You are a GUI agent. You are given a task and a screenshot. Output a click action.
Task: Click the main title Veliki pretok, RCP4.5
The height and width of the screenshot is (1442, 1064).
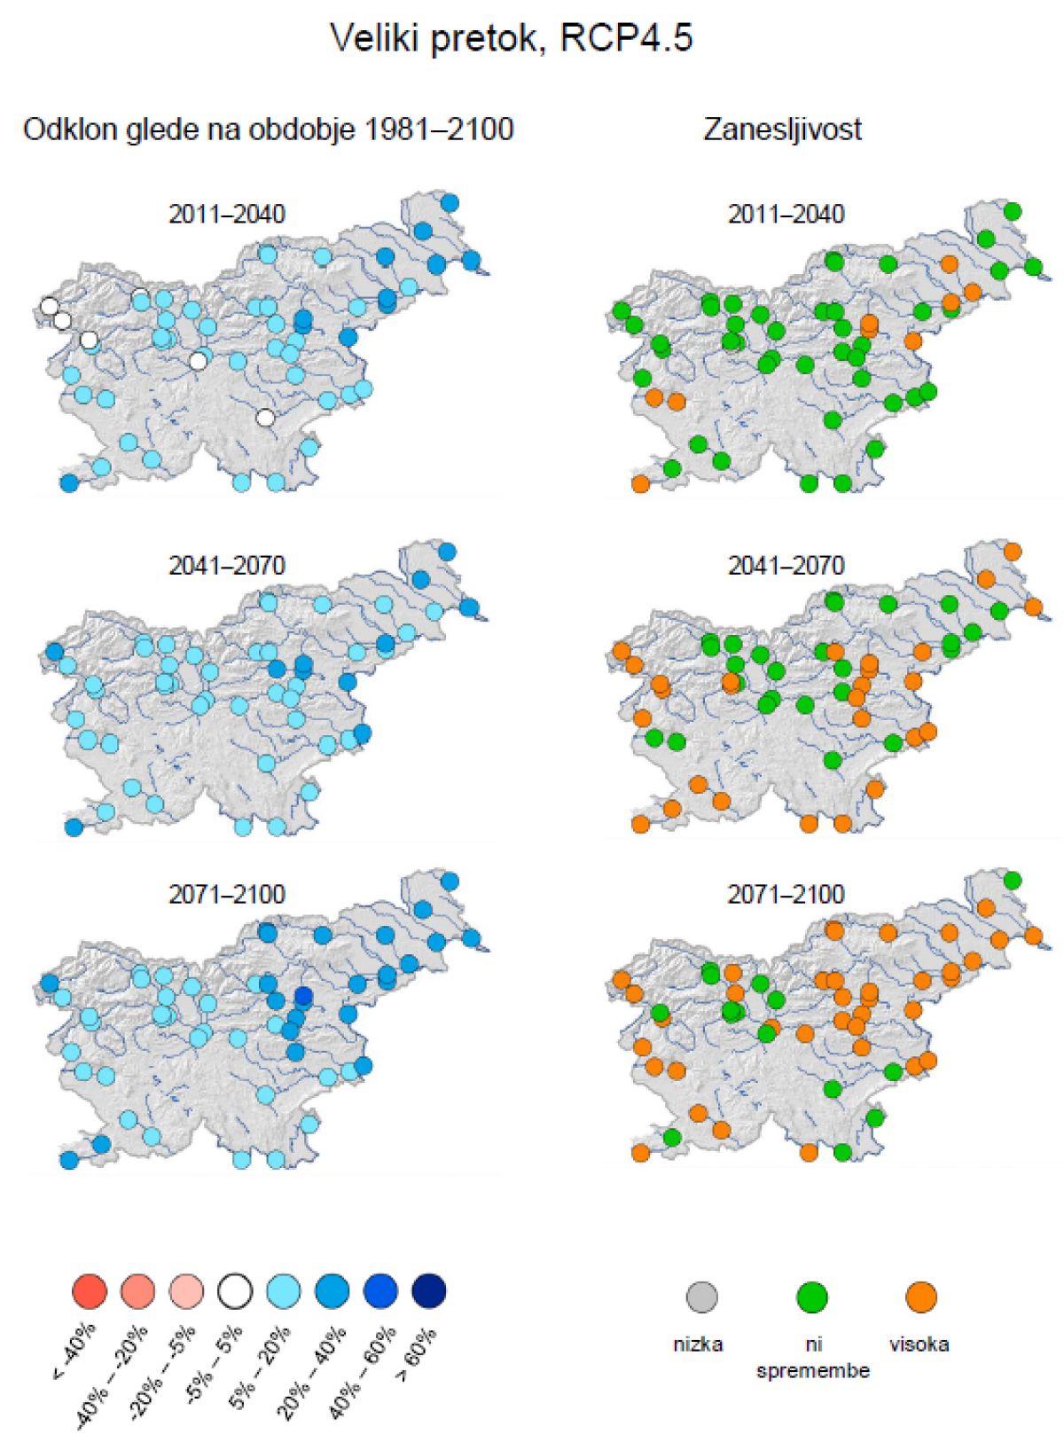[x=511, y=39]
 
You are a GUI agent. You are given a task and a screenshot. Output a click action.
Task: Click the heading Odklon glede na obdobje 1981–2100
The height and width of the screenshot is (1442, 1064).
[x=268, y=129]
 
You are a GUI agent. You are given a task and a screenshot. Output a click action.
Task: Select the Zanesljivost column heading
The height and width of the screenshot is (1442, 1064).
[x=782, y=129]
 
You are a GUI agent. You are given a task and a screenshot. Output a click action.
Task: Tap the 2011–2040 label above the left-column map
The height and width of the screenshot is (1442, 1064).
[x=227, y=215]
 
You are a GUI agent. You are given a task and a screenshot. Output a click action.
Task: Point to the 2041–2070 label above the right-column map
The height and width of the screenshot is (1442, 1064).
[x=786, y=565]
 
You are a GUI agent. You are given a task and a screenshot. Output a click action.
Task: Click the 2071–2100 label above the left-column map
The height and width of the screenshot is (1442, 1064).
[x=227, y=894]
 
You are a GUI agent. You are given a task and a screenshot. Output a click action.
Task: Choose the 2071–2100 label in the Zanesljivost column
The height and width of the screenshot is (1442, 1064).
[x=786, y=894]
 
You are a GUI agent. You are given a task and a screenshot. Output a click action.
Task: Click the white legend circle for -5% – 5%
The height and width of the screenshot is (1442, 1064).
[x=236, y=1290]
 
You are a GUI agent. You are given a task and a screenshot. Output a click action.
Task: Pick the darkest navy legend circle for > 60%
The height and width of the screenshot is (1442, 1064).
[x=429, y=1290]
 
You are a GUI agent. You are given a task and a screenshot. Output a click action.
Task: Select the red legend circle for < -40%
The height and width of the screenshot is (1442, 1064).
[x=89, y=1290]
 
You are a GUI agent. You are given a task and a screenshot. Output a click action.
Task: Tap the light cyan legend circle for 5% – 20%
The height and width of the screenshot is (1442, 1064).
[x=284, y=1290]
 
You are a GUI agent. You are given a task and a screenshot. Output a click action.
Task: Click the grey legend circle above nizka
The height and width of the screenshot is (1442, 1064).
[x=701, y=1297]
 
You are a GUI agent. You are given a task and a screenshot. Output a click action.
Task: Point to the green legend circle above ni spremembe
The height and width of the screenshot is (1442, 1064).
[x=811, y=1297]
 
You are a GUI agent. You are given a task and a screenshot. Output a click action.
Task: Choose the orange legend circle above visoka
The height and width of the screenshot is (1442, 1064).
[x=921, y=1297]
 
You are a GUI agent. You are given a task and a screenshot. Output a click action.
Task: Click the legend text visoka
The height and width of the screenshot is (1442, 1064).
[x=919, y=1344]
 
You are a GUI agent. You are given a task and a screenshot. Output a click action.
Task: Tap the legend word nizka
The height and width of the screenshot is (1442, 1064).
[x=698, y=1344]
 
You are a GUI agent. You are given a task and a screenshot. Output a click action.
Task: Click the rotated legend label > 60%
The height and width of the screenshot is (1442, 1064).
[x=415, y=1355]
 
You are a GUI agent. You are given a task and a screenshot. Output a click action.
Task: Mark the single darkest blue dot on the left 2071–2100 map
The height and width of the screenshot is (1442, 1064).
[x=303, y=997]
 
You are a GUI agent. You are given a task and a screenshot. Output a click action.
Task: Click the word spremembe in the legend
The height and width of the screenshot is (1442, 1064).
[x=812, y=1371]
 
